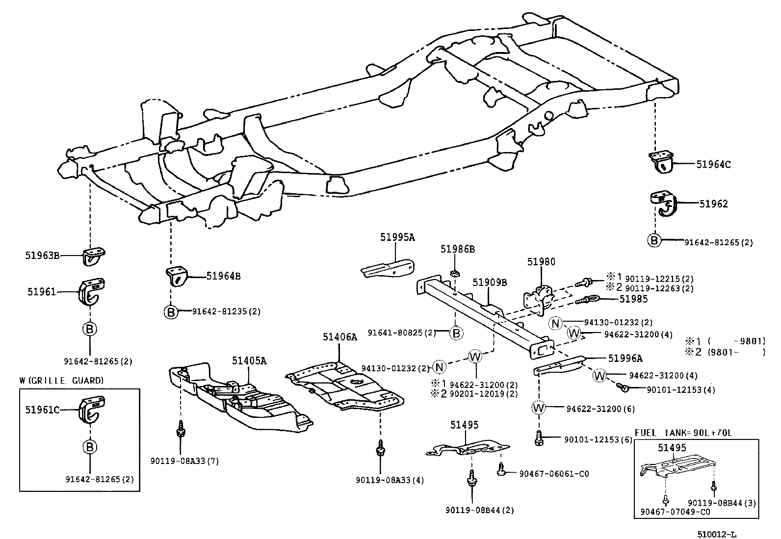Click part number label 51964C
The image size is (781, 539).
pos(713,165)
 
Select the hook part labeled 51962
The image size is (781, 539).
pos(663,205)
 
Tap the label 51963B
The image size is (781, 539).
pos(43,255)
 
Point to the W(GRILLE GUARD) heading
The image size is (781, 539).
pos(62,380)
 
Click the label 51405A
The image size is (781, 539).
pos(249,361)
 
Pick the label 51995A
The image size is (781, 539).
pos(397,237)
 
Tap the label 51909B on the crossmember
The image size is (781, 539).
pos(490,282)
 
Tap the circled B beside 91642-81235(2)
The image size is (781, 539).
pos(170,311)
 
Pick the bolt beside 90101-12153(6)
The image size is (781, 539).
pos(539,436)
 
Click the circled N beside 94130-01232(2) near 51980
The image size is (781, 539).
pos(555,323)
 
